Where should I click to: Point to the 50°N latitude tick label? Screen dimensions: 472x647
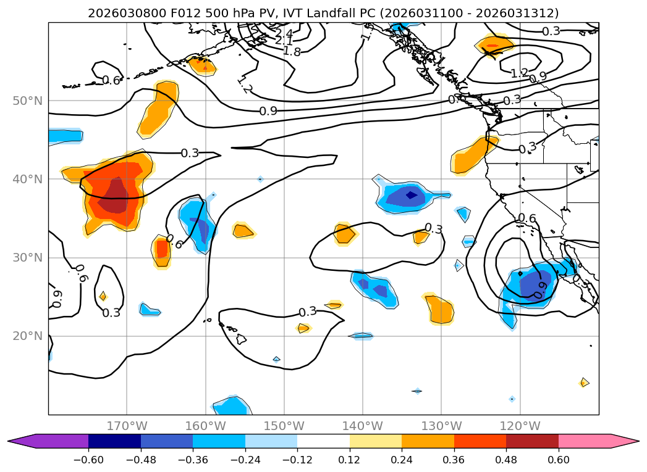click(27, 101)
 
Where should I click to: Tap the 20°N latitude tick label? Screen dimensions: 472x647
click(27, 336)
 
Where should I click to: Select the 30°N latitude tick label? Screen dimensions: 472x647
click(27, 258)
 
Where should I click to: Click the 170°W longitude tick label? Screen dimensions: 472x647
click(127, 426)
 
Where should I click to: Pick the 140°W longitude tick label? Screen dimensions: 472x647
click(363, 426)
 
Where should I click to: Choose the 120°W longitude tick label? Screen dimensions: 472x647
click(520, 426)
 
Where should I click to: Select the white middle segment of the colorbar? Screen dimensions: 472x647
click(323, 441)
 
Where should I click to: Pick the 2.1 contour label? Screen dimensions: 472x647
click(284, 41)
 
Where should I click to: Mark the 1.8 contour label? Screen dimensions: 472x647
click(292, 51)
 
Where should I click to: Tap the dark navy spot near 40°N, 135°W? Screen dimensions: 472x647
click(411, 195)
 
